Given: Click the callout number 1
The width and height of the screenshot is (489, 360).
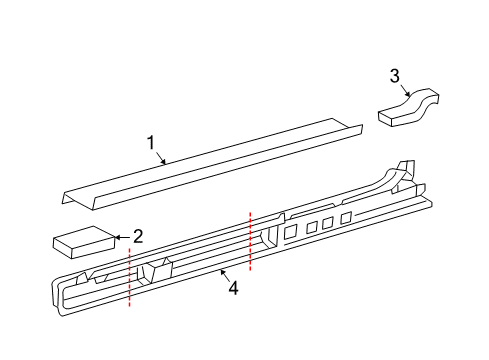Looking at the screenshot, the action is point(151,142).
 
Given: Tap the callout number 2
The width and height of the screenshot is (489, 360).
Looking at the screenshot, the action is point(138,236).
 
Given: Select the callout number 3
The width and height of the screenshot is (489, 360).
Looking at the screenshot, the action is point(395,76).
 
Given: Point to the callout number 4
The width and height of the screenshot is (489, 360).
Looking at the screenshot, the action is point(233,288).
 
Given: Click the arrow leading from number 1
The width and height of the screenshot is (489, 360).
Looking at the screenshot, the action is point(160,158).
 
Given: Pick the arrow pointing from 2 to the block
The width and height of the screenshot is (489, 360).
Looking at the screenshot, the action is point(123,237).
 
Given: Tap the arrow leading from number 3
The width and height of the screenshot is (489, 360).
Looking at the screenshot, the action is point(405,90).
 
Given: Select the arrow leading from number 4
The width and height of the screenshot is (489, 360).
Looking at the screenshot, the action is point(224,275).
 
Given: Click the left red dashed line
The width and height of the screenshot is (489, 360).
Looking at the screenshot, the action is point(130,276).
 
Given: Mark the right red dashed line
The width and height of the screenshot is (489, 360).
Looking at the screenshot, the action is point(250,241).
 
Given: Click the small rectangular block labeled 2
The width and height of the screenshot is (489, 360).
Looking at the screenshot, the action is point(84,242).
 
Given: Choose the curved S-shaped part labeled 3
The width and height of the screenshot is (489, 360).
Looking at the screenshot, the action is point(409,107).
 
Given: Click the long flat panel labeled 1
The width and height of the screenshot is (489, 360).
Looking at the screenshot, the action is point(212,164).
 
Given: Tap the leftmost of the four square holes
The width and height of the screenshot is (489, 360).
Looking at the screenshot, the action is point(290,231).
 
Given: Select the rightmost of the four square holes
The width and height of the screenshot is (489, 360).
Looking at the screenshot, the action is point(346,218).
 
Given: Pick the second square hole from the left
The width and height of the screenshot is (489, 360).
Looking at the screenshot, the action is point(312,227).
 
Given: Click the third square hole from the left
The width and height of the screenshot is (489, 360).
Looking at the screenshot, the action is point(328,223).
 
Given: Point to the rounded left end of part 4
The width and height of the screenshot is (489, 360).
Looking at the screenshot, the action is point(58,293).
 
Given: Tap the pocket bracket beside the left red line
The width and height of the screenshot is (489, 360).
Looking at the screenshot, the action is point(154,272).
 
